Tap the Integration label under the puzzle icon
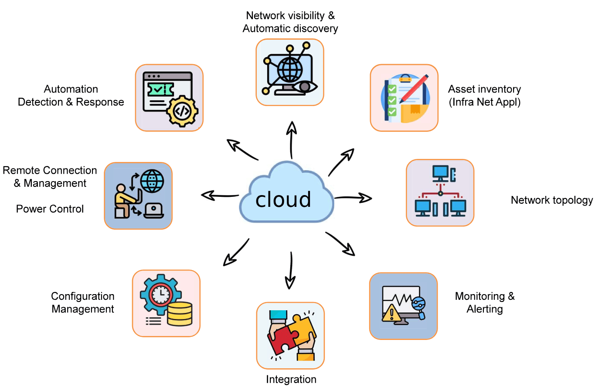(291, 379)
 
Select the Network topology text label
(552, 200)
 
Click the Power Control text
(50, 209)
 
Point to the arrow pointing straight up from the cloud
(291, 140)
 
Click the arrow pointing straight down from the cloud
(290, 271)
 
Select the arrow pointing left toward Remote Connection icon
(220, 195)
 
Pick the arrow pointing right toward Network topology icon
(353, 198)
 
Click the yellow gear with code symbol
(182, 111)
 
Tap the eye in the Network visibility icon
(305, 87)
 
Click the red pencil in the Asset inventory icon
(414, 89)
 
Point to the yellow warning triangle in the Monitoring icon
(391, 313)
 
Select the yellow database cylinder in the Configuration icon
(180, 314)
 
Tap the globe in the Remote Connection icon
(152, 181)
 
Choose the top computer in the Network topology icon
(444, 174)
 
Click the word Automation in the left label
(71, 89)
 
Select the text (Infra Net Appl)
(485, 102)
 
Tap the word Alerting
(485, 309)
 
